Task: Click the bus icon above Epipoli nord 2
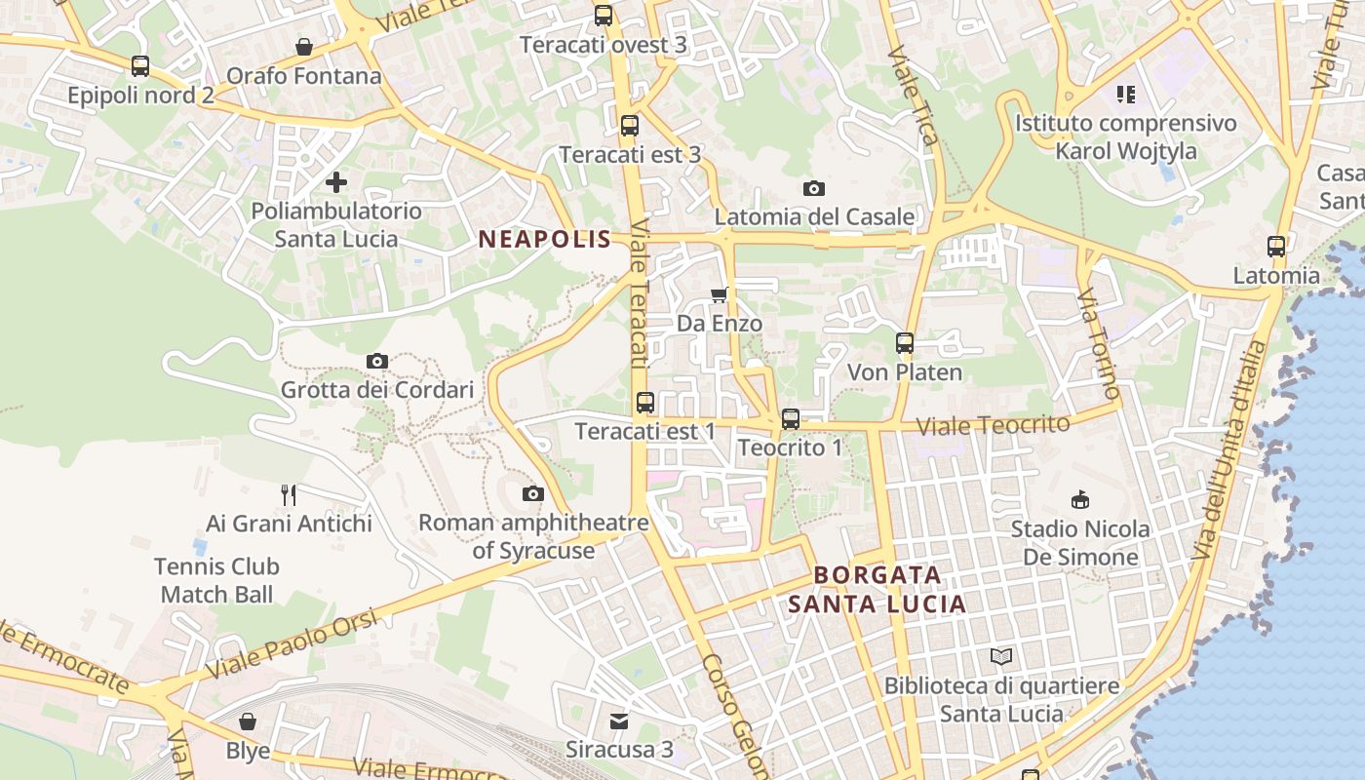coord(140,66)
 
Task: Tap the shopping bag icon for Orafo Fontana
coord(304,47)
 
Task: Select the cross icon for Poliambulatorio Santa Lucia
coord(336,182)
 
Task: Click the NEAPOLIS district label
coord(545,239)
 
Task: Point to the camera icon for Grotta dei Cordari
coord(377,361)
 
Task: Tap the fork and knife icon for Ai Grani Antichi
coord(289,495)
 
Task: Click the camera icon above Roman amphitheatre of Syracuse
coord(532,493)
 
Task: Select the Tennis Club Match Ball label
coord(216,580)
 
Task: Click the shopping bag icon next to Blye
coord(248,721)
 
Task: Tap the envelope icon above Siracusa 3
coord(619,721)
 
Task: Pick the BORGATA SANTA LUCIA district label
coord(877,589)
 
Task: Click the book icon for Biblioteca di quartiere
coord(1001,656)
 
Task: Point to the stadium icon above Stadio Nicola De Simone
coord(1080,500)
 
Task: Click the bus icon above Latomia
coord(1276,246)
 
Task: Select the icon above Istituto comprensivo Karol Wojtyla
coord(1126,95)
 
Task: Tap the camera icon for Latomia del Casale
coord(814,188)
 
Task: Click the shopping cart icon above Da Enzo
coord(720,294)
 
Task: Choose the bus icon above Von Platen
coord(905,343)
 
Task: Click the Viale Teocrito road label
coord(994,425)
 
